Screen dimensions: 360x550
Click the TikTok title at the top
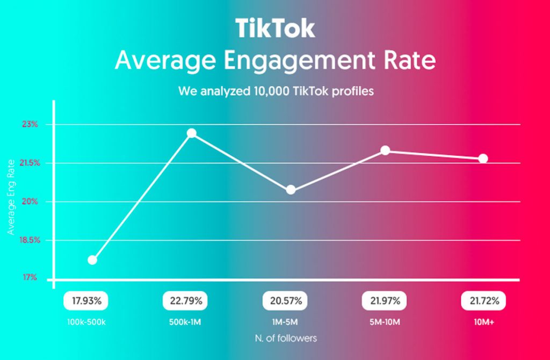pos(275,28)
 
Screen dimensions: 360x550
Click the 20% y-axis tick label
pos(31,201)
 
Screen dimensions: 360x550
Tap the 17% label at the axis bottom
pos(31,278)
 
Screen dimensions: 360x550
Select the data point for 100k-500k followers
pos(92,260)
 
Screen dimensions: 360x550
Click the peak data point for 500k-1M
pos(192,133)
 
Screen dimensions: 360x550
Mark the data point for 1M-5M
pos(291,190)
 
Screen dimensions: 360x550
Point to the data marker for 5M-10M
pos(385,150)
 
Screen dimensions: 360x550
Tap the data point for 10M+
pos(483,159)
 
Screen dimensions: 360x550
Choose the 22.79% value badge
pos(184,301)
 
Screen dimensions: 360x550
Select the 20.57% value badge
pos(282,301)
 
